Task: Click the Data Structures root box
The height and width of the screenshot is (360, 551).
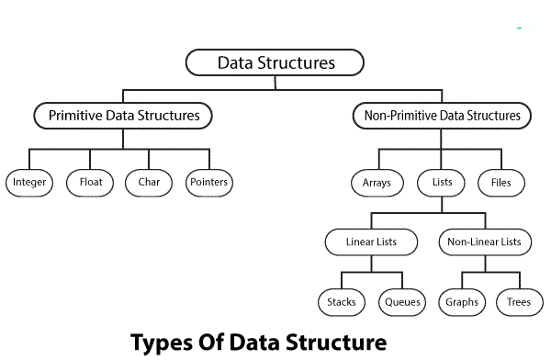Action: point(275,63)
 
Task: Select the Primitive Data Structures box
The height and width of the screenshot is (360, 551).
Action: point(123,117)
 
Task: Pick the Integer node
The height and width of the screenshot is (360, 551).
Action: point(30,183)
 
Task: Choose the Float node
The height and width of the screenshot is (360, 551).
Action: point(89,183)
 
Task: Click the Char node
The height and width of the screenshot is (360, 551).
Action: point(148,183)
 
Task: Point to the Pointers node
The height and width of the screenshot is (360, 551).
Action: point(208,183)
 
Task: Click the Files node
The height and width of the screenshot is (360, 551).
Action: point(500,183)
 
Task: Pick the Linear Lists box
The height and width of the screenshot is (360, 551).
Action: point(372,242)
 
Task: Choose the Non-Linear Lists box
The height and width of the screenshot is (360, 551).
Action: point(485,242)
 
